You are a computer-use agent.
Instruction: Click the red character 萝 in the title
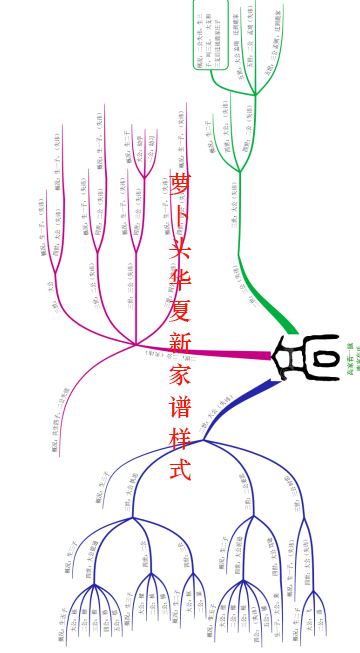pyautogui.click(x=180, y=185)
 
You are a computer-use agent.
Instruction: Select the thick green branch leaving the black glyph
pyautogui.click(x=281, y=316)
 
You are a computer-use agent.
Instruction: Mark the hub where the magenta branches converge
pyautogui.click(x=135, y=345)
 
